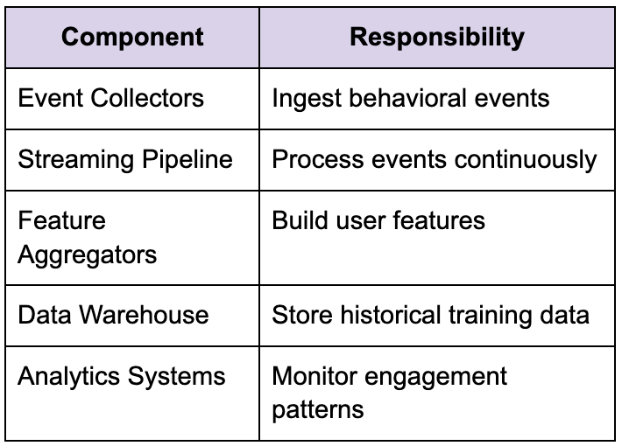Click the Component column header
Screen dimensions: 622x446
click(x=132, y=38)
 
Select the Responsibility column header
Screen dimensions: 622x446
click(x=437, y=38)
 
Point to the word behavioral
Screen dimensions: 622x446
click(x=407, y=98)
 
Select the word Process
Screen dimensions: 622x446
click(x=318, y=159)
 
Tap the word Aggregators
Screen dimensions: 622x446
click(x=88, y=255)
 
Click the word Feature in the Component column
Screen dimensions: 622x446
click(x=62, y=220)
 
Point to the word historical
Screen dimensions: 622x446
click(x=391, y=315)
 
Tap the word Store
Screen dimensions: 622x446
click(x=302, y=315)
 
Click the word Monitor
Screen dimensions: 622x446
click(x=315, y=376)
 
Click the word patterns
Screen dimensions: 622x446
click(x=318, y=410)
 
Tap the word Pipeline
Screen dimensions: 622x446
click(x=187, y=160)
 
